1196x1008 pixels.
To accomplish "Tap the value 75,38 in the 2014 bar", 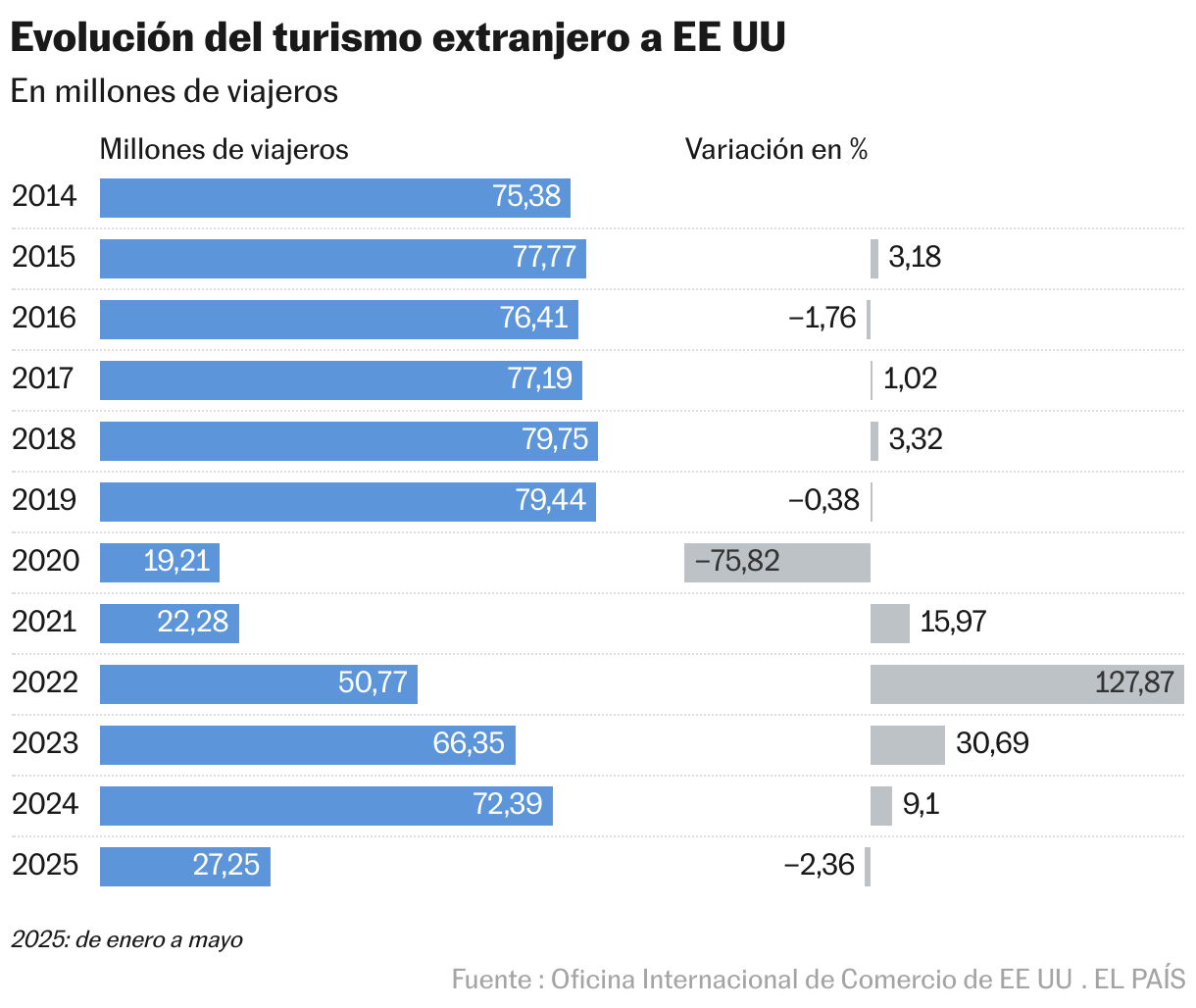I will click(x=526, y=197).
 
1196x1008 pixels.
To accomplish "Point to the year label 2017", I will click(x=43, y=378).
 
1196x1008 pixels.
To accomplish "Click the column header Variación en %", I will click(x=775, y=149).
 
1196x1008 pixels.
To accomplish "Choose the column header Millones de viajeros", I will click(x=224, y=149).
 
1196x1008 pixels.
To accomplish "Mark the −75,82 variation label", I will click(x=737, y=562).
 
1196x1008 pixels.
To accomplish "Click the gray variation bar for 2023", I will click(x=907, y=745).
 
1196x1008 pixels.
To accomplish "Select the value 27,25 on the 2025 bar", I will click(x=226, y=865).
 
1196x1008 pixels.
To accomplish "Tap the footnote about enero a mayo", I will click(x=126, y=939).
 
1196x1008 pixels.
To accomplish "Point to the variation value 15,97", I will click(x=953, y=622).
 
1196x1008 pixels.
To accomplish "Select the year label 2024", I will click(x=44, y=804).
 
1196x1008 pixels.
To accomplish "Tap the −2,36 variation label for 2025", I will click(x=820, y=865).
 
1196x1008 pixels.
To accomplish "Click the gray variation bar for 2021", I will click(x=889, y=624).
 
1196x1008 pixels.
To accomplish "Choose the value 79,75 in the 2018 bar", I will click(x=555, y=440).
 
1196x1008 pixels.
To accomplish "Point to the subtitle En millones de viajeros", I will click(x=174, y=92).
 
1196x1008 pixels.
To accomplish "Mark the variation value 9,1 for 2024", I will click(x=921, y=805).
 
